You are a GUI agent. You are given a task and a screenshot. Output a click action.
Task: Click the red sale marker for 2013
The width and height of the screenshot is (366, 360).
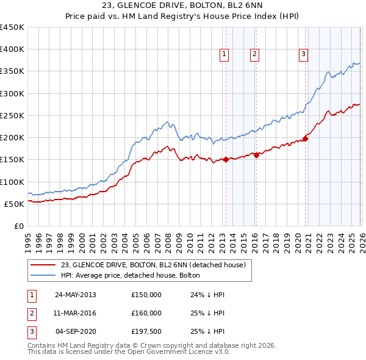tap(226, 160)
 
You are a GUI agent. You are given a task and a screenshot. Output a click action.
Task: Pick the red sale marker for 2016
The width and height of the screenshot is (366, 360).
tap(257, 155)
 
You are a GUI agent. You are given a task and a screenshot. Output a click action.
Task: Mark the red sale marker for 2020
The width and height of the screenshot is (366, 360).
tap(306, 139)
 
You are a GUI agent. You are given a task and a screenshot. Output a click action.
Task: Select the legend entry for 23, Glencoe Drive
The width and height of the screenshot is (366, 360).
tap(152, 265)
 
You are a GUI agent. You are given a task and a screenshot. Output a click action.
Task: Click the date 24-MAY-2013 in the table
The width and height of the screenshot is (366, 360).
tap(75, 295)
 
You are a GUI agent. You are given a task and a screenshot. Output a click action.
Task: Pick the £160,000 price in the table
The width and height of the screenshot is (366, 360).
tap(146, 313)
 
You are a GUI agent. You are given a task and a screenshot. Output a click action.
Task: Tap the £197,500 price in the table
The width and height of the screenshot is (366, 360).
tap(146, 332)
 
